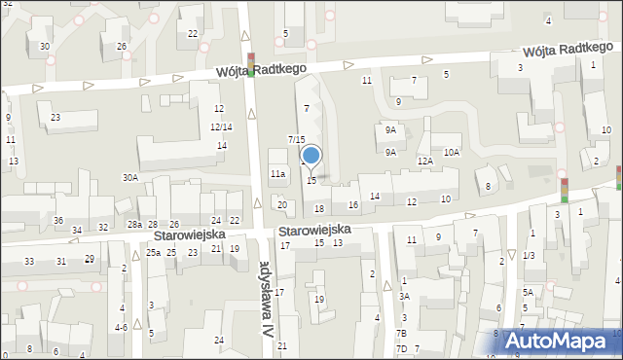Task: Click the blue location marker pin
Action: tap(311, 157)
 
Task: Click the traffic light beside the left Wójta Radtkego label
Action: tap(251, 64)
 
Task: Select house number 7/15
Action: tap(297, 140)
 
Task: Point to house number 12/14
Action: tap(221, 126)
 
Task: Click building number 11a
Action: tap(277, 173)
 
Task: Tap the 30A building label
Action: tap(129, 177)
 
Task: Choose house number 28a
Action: tap(134, 225)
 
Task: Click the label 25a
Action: tap(153, 253)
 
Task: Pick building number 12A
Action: tap(424, 162)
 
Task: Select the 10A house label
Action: tap(452, 152)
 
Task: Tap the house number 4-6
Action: tap(121, 328)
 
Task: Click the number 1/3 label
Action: tap(529, 255)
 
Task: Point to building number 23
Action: tap(55, 118)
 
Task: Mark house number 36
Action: tap(58, 221)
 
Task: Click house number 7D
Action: tap(401, 348)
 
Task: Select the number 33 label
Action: tap(29, 261)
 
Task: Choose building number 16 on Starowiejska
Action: tap(353, 204)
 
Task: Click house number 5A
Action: tap(528, 292)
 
